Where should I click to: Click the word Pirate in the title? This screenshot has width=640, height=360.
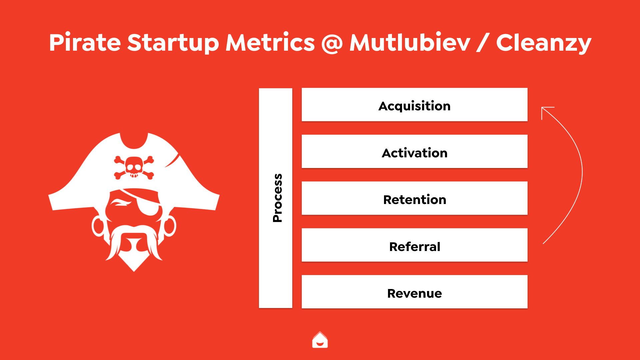(x=85, y=42)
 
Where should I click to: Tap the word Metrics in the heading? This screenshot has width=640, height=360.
(x=270, y=42)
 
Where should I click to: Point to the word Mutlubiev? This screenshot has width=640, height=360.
(x=410, y=42)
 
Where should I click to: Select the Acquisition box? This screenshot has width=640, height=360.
(x=414, y=105)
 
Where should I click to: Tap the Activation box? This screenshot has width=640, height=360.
(x=414, y=151)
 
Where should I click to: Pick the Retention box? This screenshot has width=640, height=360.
(x=414, y=198)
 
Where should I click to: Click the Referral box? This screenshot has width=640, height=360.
(x=414, y=245)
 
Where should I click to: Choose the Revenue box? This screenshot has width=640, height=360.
(x=414, y=292)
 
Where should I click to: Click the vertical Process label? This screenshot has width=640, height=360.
(x=277, y=198)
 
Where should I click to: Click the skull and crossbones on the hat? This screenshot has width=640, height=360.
(x=134, y=167)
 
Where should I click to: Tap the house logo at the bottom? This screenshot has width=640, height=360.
(x=320, y=340)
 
